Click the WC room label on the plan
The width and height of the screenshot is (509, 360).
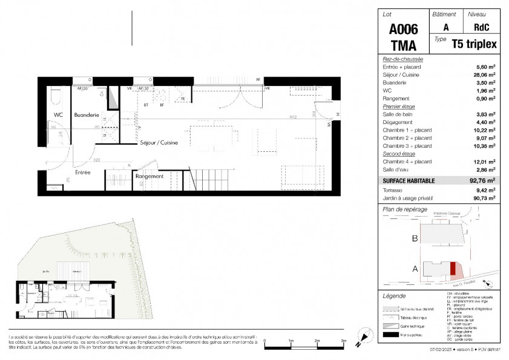point(58,114)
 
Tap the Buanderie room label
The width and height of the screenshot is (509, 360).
point(86,114)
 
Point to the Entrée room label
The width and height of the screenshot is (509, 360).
point(83,172)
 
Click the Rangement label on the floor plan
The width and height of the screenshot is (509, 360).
point(149,176)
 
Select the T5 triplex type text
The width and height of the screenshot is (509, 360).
point(474,43)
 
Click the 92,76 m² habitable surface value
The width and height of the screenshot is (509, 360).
point(482,180)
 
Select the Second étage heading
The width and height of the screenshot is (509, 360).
point(395,154)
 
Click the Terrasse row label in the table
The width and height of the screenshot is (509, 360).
point(393,189)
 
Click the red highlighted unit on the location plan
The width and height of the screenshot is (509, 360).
point(452,268)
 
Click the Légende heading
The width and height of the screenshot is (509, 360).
point(395,296)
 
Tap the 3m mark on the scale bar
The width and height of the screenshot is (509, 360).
point(343,342)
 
